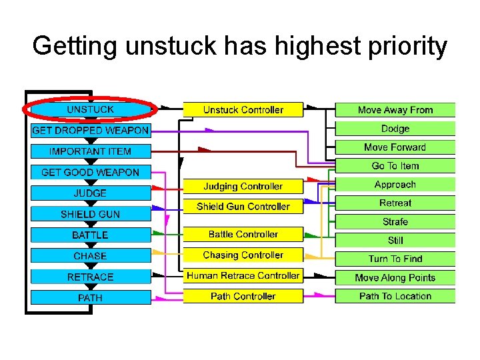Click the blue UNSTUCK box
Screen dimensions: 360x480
click(90, 109)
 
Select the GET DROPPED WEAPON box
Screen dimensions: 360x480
click(90, 130)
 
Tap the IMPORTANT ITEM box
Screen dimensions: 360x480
click(90, 151)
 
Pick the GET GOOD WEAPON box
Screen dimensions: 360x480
click(90, 172)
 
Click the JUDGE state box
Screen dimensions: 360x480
click(90, 193)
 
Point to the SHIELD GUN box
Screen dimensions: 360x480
click(90, 214)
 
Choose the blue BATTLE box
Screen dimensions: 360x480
click(90, 235)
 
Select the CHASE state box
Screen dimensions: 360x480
click(90, 256)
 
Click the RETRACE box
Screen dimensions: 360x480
click(90, 277)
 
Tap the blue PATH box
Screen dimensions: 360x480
click(90, 298)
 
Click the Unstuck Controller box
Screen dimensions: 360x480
click(243, 110)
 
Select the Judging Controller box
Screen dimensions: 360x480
click(243, 187)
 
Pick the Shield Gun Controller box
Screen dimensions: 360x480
click(243, 207)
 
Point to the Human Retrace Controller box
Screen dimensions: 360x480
click(243, 275)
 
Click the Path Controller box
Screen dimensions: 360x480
click(243, 296)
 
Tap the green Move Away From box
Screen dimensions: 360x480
click(395, 110)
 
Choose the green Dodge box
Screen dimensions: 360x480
click(395, 129)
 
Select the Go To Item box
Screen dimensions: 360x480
click(395, 166)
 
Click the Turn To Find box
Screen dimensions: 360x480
click(395, 259)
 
